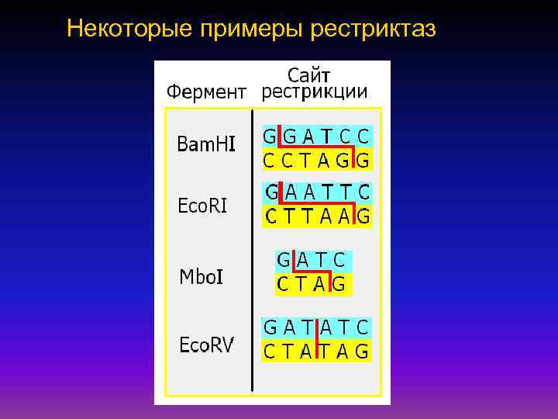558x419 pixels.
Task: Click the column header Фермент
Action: tap(207, 92)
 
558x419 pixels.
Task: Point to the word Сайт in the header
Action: tap(309, 75)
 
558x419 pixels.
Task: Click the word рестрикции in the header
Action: tap(315, 92)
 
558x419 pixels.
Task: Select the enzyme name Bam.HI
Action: tap(206, 144)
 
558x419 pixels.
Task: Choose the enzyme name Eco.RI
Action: tap(203, 206)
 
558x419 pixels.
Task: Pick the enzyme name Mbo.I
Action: tap(201, 276)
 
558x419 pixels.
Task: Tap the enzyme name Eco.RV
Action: tap(205, 344)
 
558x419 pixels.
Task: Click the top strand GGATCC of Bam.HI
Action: tap(316, 136)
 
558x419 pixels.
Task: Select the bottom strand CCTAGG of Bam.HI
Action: tap(316, 161)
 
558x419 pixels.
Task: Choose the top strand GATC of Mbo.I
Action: tap(312, 261)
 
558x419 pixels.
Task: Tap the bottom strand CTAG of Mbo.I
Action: tap(312, 285)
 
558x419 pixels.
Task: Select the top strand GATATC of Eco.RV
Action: tap(316, 327)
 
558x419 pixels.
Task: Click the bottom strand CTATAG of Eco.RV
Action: tap(316, 351)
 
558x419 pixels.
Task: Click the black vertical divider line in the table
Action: tap(253, 248)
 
